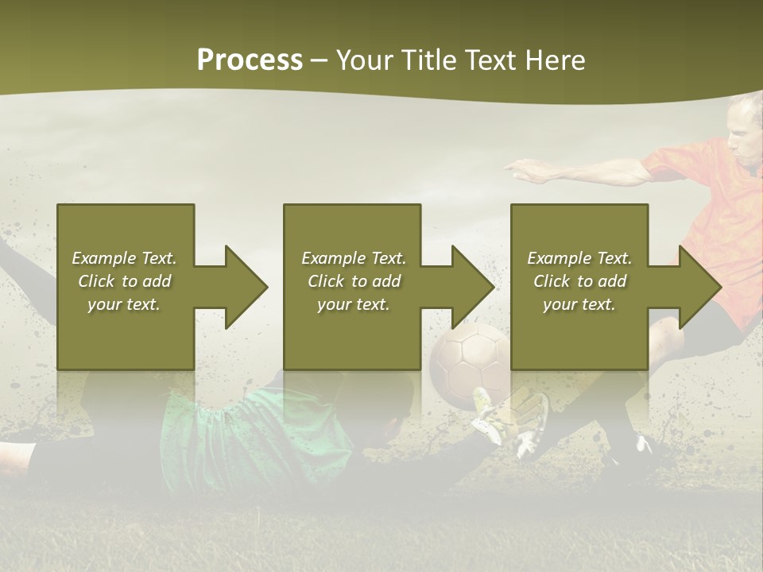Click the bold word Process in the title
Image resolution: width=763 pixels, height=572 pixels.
click(250, 60)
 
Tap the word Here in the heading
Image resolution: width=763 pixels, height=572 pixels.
click(555, 60)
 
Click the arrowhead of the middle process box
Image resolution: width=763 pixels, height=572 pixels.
click(472, 287)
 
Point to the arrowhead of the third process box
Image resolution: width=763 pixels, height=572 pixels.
click(699, 287)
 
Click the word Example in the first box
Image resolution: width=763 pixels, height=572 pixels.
click(104, 258)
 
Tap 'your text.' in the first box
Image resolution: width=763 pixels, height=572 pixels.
click(124, 304)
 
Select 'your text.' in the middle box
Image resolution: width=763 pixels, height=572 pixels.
click(353, 304)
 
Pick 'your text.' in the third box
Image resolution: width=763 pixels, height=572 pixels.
click(579, 304)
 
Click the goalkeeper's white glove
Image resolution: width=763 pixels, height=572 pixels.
click(509, 421)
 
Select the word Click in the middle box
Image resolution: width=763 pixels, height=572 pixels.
click(324, 281)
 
